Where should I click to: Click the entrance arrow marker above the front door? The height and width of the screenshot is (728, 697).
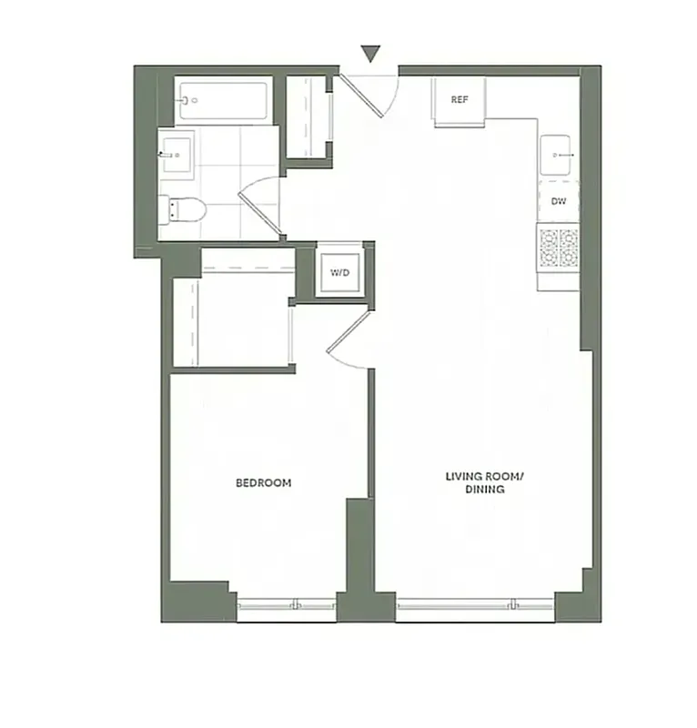(370, 54)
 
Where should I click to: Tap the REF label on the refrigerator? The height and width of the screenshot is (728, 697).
(460, 99)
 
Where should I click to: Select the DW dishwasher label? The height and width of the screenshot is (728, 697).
(558, 202)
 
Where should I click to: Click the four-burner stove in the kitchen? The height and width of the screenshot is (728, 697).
(558, 248)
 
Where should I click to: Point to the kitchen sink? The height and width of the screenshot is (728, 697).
(557, 156)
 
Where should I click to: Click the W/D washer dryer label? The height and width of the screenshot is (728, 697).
(339, 272)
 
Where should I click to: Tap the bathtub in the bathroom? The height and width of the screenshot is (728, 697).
(224, 101)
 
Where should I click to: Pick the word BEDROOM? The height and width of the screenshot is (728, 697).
(263, 483)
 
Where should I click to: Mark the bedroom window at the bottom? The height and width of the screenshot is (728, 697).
(286, 603)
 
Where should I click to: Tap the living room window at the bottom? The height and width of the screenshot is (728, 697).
(475, 603)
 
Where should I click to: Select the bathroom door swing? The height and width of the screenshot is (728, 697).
(259, 205)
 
